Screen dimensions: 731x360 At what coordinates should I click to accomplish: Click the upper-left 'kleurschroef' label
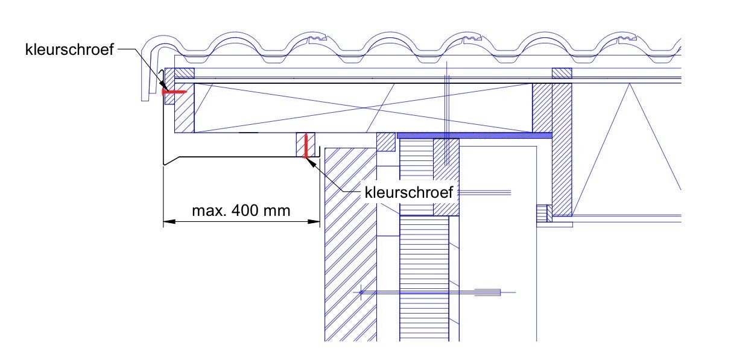tap(69, 49)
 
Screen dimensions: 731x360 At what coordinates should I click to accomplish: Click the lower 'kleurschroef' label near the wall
tap(408, 192)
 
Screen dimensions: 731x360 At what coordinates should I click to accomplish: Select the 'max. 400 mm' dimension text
tap(241, 210)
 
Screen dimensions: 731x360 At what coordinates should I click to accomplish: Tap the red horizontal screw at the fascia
tap(174, 92)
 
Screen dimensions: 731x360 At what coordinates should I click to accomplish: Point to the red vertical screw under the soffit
tap(306, 146)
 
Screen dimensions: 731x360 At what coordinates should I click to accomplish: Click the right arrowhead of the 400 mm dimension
tap(314, 222)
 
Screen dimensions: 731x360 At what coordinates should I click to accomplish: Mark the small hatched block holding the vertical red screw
tap(305, 145)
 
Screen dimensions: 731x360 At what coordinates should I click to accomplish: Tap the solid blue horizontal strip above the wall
tap(474, 136)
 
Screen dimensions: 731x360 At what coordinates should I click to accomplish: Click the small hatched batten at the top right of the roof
tap(562, 73)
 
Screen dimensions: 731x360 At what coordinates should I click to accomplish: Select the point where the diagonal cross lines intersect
tap(363, 108)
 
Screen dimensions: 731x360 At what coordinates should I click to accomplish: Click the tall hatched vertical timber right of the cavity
tap(562, 150)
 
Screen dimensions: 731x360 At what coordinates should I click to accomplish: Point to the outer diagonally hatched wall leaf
tap(350, 244)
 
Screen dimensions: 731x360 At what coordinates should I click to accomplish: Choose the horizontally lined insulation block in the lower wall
tap(424, 280)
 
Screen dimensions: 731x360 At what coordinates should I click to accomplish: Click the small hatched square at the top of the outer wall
tap(386, 142)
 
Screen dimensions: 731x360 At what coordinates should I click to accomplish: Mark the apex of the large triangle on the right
tap(630, 84)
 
